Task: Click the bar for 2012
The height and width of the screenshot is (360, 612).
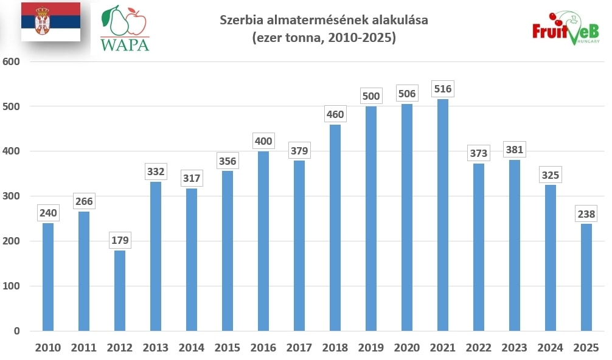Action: tap(120, 291)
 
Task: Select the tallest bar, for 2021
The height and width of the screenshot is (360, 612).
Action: tap(442, 215)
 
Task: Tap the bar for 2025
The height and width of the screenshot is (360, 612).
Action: tap(586, 277)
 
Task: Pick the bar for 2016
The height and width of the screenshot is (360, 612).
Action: tap(263, 241)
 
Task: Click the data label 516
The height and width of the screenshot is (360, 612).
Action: tap(442, 89)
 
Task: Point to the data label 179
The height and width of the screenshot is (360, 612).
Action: tap(120, 240)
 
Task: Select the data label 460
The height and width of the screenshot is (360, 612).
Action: tap(335, 114)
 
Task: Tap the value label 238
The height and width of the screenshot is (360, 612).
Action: tap(586, 214)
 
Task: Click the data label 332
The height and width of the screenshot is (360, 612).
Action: tap(156, 172)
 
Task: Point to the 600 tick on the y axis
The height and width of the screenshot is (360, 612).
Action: tap(12, 61)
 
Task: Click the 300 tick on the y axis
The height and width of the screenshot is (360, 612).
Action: tap(12, 196)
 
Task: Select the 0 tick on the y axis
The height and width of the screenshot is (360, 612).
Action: tap(17, 331)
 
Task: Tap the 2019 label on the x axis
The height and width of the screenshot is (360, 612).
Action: tap(370, 348)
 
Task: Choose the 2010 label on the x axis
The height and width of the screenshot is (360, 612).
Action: tap(48, 348)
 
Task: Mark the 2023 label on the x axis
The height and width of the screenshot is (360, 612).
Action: tap(514, 348)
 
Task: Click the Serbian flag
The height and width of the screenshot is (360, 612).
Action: tap(50, 22)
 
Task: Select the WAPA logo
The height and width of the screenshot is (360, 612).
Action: tap(125, 29)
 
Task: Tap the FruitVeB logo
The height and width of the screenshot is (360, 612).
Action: tap(565, 29)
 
